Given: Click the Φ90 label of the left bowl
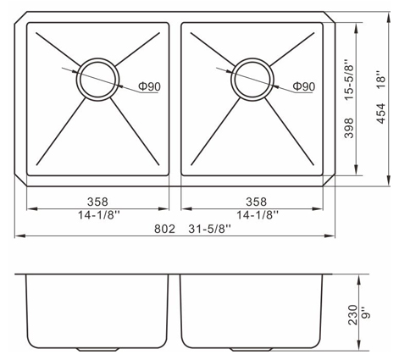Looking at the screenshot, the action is pos(149,86).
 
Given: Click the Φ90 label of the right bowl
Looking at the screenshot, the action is pos(303,86).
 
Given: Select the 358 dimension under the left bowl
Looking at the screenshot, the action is pos(97,202).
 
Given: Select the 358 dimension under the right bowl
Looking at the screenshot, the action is pos(256,202).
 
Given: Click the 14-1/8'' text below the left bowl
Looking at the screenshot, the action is pos(99,216).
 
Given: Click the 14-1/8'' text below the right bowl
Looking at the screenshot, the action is pos(258,216).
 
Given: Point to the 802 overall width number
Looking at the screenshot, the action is pos(164,229).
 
